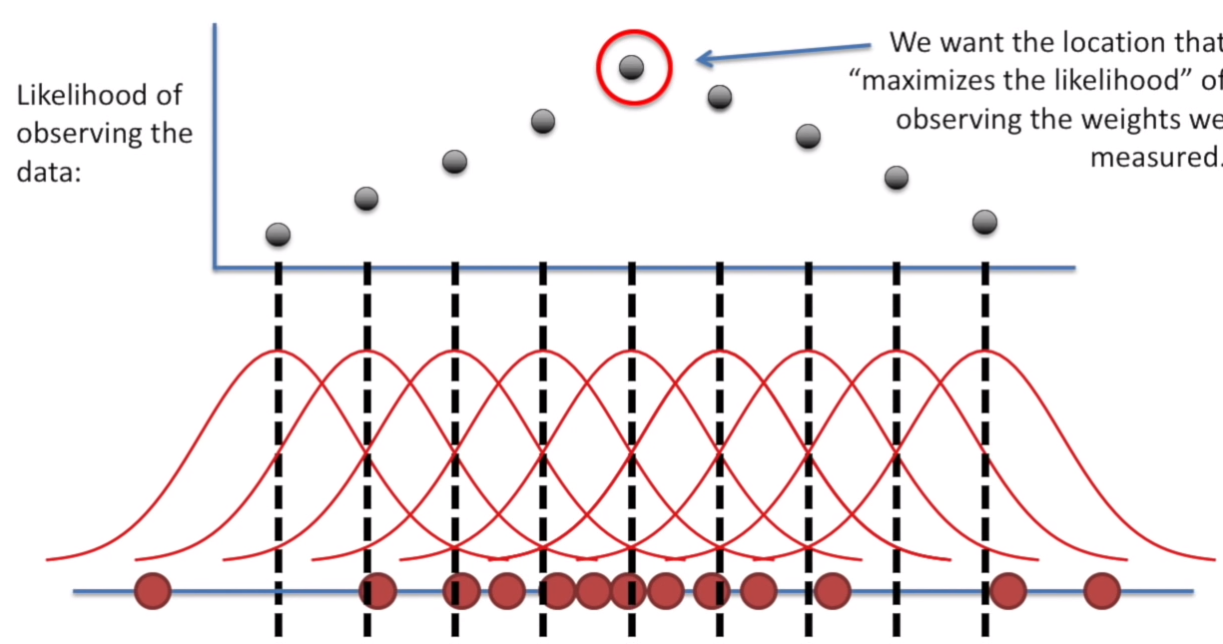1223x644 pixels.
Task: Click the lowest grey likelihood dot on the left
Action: [x=279, y=235]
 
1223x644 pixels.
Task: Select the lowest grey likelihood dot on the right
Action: [x=984, y=222]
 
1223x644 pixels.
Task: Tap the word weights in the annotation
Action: [x=1129, y=119]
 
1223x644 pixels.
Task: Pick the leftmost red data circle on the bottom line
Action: [x=153, y=591]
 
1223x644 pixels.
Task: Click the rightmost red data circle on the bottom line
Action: [x=1102, y=591]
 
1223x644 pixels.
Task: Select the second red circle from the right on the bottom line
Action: [x=1008, y=591]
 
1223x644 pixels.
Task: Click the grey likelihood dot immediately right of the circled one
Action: [x=719, y=97]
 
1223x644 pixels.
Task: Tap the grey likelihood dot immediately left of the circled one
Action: [x=542, y=122]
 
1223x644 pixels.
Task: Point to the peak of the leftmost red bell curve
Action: [x=279, y=351]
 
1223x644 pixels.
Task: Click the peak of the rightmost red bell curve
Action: [x=985, y=351]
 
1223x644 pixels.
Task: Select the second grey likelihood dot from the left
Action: [x=366, y=199]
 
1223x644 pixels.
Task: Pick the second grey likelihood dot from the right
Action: [x=897, y=178]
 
